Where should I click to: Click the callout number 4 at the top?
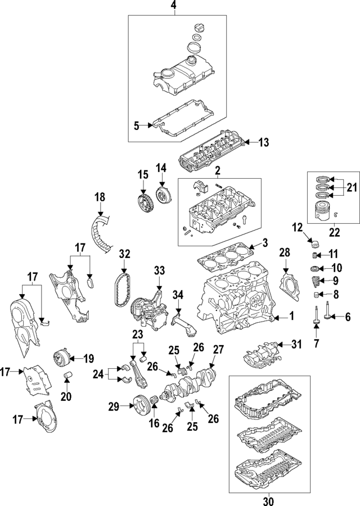click(173, 6)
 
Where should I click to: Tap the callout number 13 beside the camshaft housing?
click(264, 142)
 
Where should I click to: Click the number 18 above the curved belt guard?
click(100, 197)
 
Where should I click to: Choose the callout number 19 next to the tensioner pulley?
click(88, 357)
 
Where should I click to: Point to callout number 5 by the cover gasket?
click(136, 126)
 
